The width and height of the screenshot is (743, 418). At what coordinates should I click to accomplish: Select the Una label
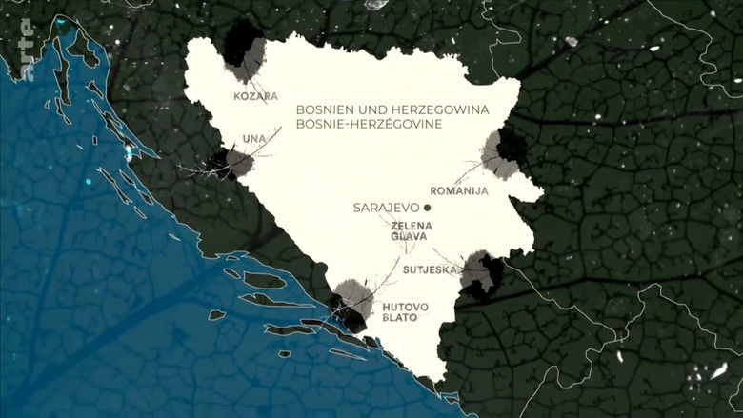[x=254, y=139]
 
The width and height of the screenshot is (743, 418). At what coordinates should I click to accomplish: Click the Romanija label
[x=459, y=190]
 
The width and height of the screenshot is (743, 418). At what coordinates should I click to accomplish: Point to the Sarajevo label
[x=387, y=207]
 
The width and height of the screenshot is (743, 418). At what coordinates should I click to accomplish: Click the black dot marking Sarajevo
[x=428, y=207]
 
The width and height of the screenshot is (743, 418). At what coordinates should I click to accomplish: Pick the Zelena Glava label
[x=411, y=230]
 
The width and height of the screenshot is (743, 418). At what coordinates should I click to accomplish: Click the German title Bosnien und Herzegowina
[x=392, y=109]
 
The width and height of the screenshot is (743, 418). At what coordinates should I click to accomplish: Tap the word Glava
[x=411, y=236]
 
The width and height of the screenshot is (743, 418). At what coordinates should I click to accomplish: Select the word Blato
[x=400, y=317]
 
